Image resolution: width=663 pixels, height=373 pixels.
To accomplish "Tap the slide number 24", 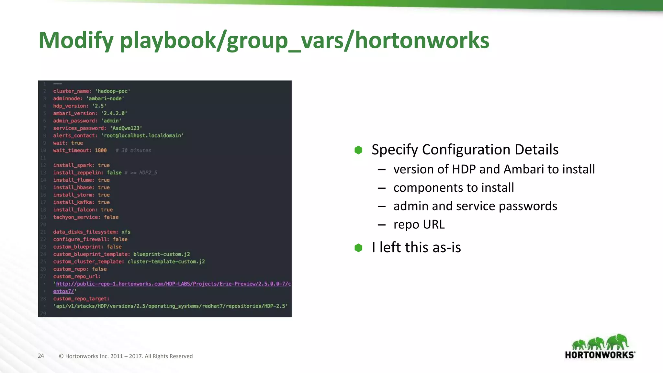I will pos(41,356).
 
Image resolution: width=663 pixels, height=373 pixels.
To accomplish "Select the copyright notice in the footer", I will pos(126,356).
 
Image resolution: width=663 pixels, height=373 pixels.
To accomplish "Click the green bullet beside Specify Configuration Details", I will pos(358,150).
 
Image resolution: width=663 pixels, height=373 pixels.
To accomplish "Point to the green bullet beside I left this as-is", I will pos(358,248).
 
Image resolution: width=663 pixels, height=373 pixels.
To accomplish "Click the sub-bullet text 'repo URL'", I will pos(419,224).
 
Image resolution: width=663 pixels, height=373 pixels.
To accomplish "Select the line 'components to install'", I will pos(453,188).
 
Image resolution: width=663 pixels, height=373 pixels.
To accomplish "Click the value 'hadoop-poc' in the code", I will pos(112,91).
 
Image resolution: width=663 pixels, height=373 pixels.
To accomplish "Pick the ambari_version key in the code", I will pos(75,113).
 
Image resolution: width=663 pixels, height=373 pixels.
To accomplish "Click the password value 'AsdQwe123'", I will pos(126,128).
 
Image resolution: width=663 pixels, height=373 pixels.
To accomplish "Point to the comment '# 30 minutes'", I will pos(133,151).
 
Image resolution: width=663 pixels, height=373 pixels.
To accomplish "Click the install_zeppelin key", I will pos(78,173).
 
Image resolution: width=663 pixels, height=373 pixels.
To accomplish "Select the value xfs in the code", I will pos(126,232).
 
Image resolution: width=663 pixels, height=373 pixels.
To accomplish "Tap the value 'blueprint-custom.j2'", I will pos(162,254).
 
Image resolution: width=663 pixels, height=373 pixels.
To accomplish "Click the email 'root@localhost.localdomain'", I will pos(142,136).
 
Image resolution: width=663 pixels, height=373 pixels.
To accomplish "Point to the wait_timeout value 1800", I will pos(101,151).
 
